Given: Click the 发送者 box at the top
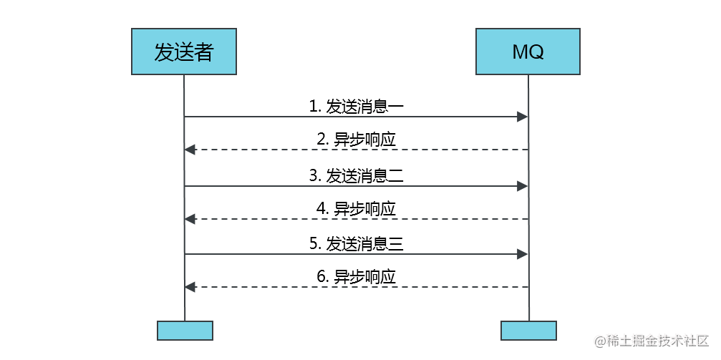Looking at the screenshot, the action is tap(184, 52).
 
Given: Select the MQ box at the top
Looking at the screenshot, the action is tap(528, 52).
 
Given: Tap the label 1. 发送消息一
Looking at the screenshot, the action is tap(357, 107).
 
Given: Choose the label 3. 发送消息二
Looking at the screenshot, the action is tap(357, 176).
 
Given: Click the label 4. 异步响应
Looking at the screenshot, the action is tap(357, 210).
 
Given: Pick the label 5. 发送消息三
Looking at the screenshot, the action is tap(357, 244).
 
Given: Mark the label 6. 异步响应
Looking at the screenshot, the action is tap(357, 277).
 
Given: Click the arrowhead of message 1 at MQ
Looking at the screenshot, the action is tap(523, 117).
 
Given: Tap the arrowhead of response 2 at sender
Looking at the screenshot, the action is tap(190, 150).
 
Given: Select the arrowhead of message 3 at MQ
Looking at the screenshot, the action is tap(523, 186).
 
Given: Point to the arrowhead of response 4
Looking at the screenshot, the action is tap(190, 219).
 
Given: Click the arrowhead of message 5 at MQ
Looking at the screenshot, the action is tap(523, 254).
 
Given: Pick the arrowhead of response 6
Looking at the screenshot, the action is tap(190, 287).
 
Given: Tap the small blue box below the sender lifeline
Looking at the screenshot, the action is tap(185, 331).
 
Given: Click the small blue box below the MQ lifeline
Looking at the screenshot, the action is tap(529, 331).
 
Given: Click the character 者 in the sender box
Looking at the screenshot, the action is tap(204, 52).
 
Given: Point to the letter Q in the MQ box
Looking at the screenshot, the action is tap(536, 52).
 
